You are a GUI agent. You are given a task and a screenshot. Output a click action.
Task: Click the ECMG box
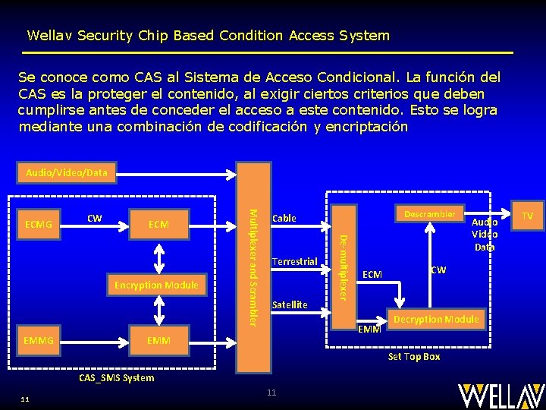tap(39, 224)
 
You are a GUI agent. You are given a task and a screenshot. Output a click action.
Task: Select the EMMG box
tap(39, 341)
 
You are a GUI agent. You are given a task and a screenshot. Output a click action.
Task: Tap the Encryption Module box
tap(156, 285)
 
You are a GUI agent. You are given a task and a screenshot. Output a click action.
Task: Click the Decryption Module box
tap(436, 319)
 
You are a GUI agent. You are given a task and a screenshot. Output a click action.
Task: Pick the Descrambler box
tap(429, 214)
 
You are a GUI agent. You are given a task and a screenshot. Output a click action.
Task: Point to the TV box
tap(527, 216)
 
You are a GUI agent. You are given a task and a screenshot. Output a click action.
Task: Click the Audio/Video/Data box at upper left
tap(67, 173)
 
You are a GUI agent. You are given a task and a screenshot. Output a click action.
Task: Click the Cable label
tap(284, 219)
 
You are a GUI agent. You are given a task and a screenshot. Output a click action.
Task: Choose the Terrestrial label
tap(294, 262)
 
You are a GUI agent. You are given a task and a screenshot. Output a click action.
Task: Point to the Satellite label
tap(290, 304)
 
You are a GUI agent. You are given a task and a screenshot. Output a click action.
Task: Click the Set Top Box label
tap(414, 356)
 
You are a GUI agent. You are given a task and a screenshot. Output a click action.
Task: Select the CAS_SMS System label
tap(117, 377)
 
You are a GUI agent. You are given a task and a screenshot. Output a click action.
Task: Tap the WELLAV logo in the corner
tap(500, 395)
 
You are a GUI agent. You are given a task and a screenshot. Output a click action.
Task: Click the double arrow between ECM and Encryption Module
tap(158, 257)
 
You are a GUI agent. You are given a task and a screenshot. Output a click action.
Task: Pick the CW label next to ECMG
tap(94, 219)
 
